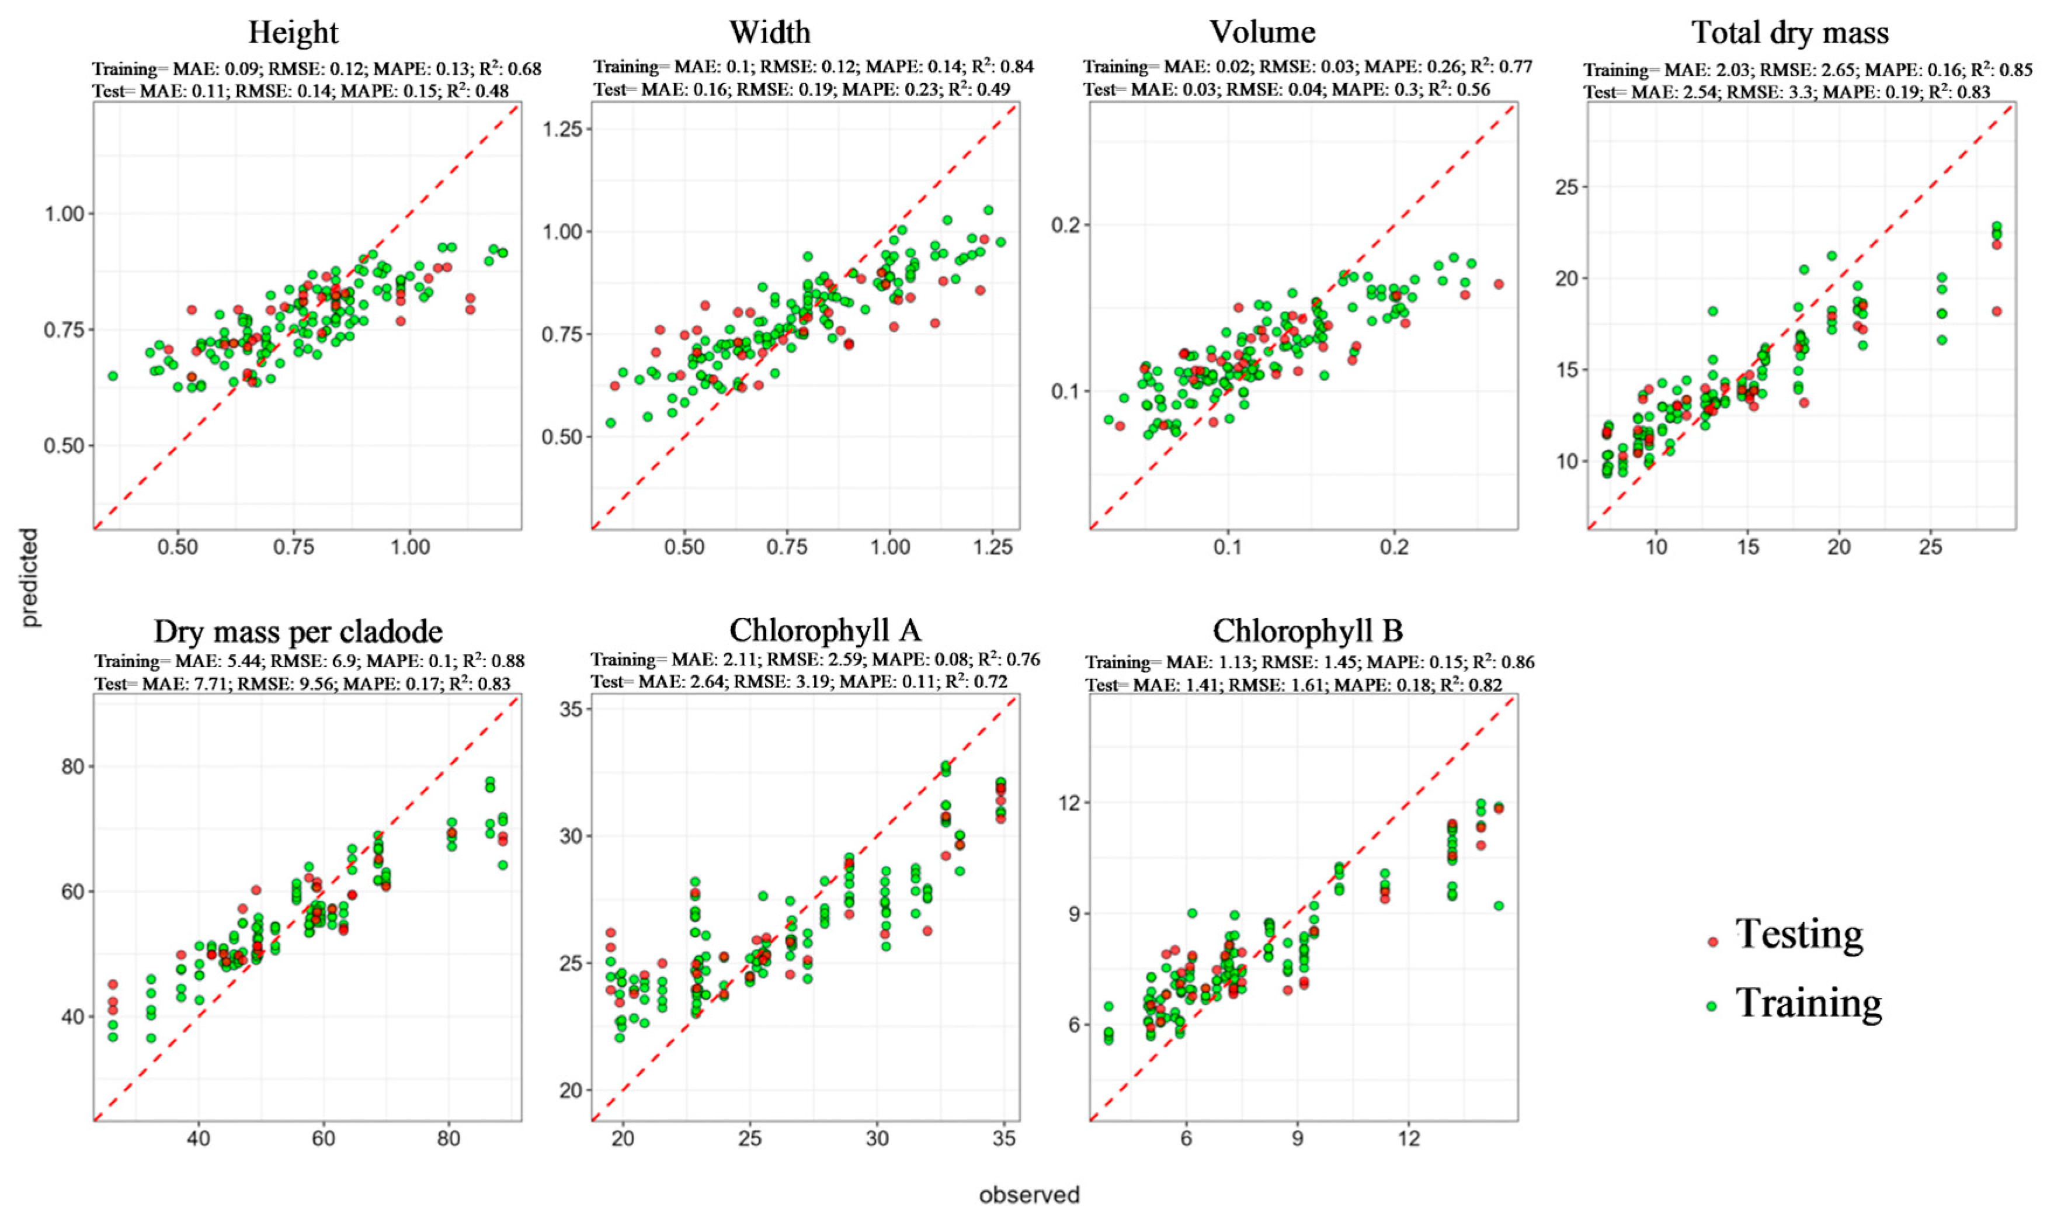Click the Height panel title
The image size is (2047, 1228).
pos(294,33)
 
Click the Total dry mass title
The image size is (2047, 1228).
pos(1791,33)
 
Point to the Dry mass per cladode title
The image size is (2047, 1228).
pos(298,632)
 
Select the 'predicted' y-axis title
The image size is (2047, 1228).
pos(30,578)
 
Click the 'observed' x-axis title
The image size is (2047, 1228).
pos(1030,1195)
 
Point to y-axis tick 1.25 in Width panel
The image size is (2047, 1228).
pos(562,129)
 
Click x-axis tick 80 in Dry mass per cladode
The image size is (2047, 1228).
pos(449,1139)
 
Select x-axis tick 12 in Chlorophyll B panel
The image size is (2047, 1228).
pos(1409,1139)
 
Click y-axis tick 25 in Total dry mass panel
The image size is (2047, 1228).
pos(1566,187)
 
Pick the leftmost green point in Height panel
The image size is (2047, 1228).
pos(113,376)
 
